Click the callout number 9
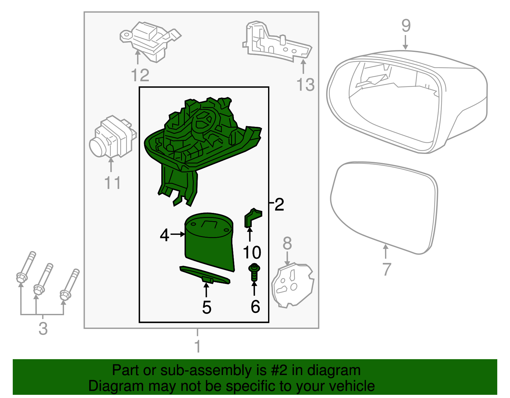click(x=405, y=26)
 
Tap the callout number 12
click(x=140, y=76)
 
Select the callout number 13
click(x=305, y=85)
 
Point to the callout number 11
click(x=112, y=183)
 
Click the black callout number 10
click(x=252, y=253)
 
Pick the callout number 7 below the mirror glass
click(x=386, y=269)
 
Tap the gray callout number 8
click(x=287, y=243)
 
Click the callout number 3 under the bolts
click(x=43, y=329)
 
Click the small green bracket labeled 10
click(x=252, y=218)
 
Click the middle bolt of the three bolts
click(x=43, y=279)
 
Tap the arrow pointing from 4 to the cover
click(x=178, y=235)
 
